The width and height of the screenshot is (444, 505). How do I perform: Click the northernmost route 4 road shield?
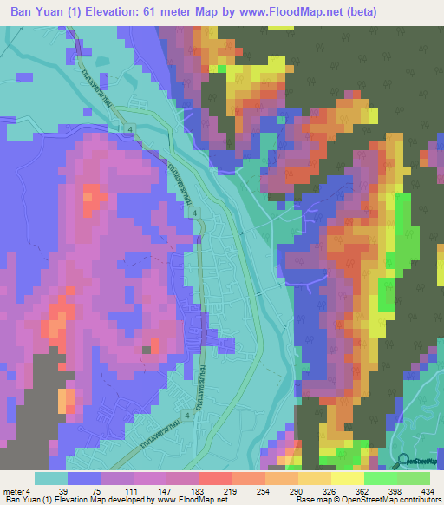pos(130,129)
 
